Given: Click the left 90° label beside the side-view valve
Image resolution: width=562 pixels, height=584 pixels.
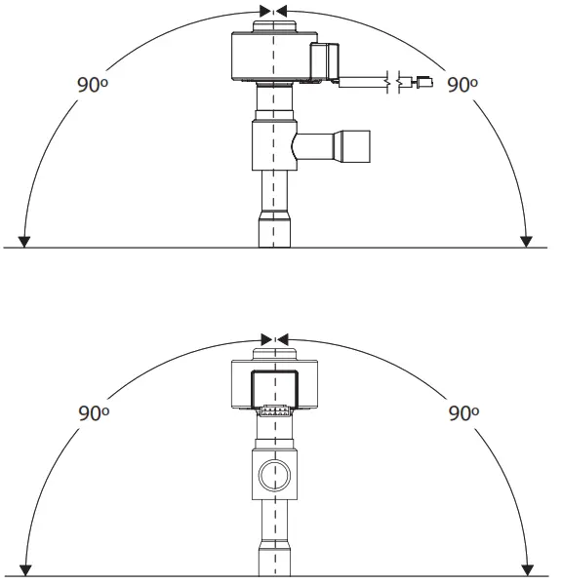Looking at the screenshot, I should point(92,84).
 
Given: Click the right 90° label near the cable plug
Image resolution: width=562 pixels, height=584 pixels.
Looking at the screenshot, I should point(462,84).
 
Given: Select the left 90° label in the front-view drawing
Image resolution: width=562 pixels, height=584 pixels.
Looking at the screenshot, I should point(92,412).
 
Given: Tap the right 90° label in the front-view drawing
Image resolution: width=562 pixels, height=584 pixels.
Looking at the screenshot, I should point(462,412).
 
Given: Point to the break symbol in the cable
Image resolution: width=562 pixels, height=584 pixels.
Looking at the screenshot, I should point(394,84).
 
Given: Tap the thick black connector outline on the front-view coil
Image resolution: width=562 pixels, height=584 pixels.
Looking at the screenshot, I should point(274,388).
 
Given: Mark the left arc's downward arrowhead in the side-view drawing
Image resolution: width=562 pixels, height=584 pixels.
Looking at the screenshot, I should point(25,241).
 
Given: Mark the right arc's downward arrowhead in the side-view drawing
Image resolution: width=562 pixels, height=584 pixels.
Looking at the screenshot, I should point(528,241).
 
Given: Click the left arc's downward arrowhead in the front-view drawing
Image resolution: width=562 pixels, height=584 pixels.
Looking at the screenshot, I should point(25,569).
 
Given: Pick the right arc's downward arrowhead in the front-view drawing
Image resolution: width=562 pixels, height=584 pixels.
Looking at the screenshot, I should point(528,569).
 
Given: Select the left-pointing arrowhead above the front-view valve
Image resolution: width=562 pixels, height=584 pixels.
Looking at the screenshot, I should point(283,339).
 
